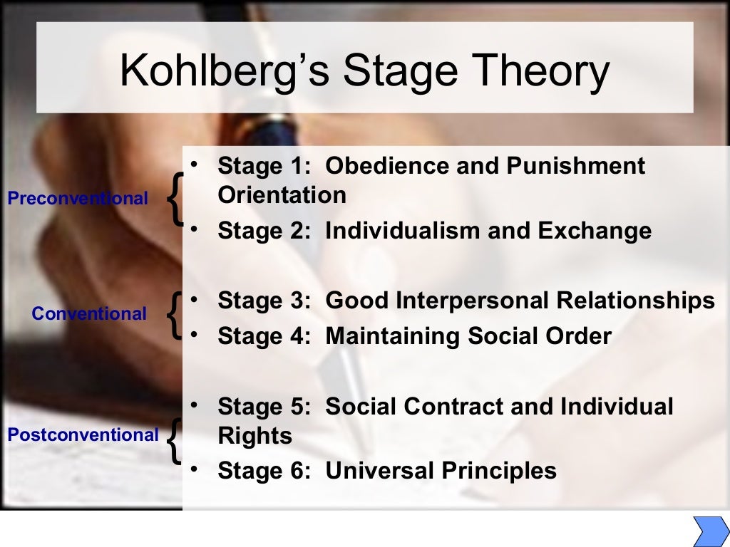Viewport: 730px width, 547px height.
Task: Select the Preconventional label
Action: (x=78, y=199)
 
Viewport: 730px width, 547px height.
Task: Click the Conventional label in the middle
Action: (x=89, y=313)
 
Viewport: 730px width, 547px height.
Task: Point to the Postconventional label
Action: (x=83, y=434)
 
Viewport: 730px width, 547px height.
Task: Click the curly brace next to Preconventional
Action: (x=174, y=199)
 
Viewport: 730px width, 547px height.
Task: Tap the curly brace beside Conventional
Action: (x=174, y=313)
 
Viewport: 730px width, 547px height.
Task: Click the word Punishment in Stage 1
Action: (x=576, y=166)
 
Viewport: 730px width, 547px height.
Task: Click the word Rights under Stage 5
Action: (x=255, y=436)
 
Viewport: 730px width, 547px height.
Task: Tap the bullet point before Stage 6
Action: (x=194, y=469)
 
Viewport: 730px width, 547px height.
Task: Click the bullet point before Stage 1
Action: (x=194, y=165)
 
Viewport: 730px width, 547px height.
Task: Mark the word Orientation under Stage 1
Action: (x=282, y=195)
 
